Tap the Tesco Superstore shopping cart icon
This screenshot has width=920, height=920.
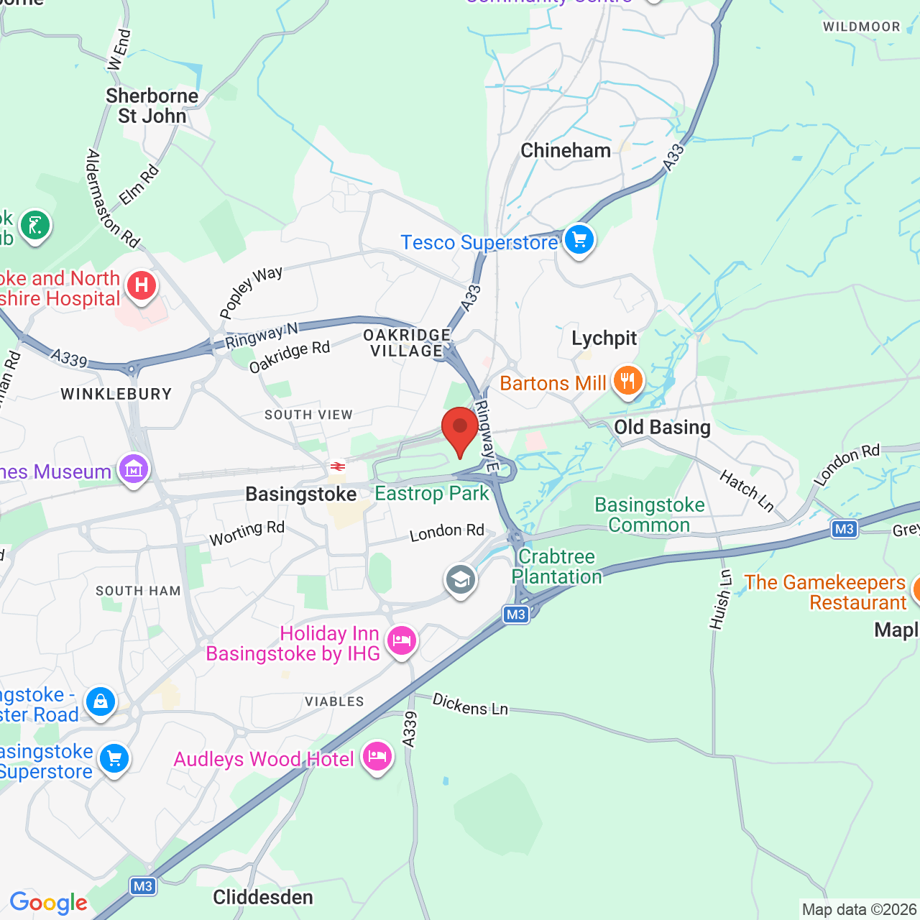click(579, 240)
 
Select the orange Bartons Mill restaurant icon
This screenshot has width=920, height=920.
click(627, 382)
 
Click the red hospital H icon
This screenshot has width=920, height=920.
click(142, 286)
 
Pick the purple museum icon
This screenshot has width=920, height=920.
click(134, 469)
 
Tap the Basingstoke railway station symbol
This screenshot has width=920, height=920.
click(337, 467)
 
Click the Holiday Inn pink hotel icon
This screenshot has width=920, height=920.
click(401, 640)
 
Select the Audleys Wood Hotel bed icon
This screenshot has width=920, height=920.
click(377, 757)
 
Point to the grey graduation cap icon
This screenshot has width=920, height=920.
click(460, 579)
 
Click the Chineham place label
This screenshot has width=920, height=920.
click(566, 151)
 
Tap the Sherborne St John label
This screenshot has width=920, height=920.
click(152, 106)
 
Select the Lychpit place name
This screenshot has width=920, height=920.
click(604, 339)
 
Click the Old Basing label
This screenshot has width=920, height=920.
click(662, 428)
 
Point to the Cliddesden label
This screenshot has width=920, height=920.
click(263, 897)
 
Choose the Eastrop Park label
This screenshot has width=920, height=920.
click(432, 494)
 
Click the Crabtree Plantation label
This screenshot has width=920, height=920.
click(557, 567)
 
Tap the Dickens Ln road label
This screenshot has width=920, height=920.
click(470, 705)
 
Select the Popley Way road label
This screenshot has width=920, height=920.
click(251, 293)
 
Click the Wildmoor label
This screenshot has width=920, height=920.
click(861, 27)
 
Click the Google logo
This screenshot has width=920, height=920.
click(49, 903)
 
